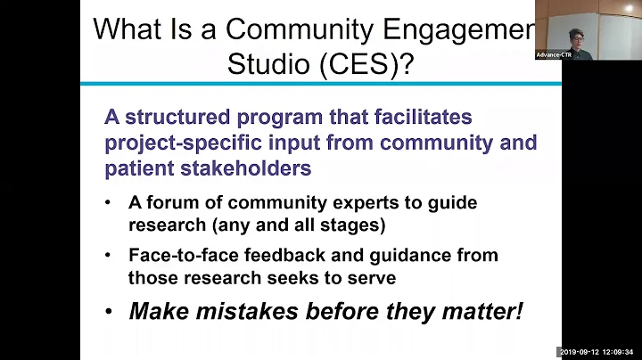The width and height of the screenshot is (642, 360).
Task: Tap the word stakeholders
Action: pos(259,168)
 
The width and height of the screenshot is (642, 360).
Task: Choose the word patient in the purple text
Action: pos(139,168)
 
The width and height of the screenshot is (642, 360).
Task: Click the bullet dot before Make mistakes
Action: pos(109,312)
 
